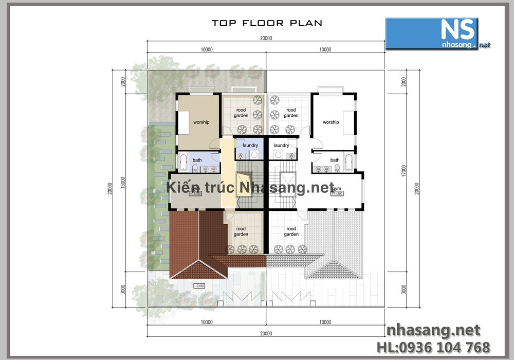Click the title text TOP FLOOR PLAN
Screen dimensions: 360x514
tap(267, 23)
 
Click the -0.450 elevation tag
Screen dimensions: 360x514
tap(198, 286)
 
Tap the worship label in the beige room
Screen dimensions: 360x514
tap(200, 122)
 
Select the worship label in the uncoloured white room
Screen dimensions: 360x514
tap(331, 122)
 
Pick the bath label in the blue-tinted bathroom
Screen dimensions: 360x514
tap(197, 160)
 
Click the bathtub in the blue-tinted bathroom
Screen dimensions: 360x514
tap(182, 163)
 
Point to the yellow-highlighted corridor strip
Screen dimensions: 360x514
tap(227, 175)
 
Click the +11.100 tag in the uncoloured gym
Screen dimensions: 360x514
tap(337, 194)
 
